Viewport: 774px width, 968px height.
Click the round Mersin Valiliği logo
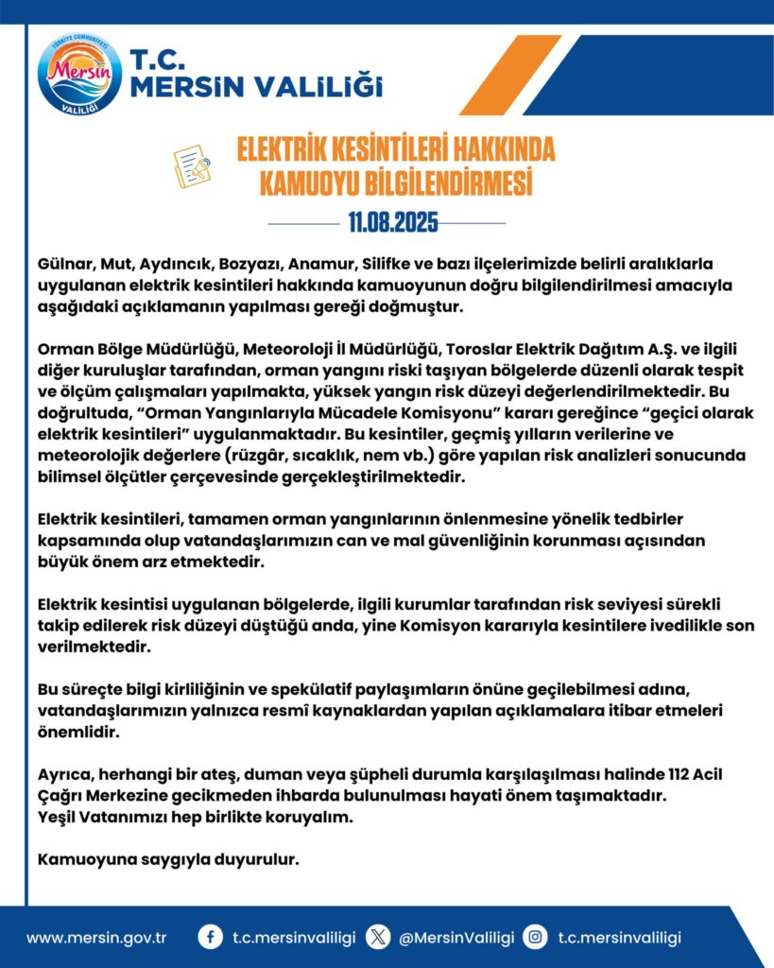pyautogui.click(x=79, y=74)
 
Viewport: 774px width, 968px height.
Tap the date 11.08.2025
pyautogui.click(x=392, y=223)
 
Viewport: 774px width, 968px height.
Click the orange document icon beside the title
pyautogui.click(x=192, y=164)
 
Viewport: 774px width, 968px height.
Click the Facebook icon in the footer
pyautogui.click(x=210, y=937)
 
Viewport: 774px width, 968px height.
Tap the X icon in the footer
pyautogui.click(x=378, y=937)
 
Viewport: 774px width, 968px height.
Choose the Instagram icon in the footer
pyautogui.click(x=536, y=937)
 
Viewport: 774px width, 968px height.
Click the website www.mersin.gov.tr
pyautogui.click(x=96, y=938)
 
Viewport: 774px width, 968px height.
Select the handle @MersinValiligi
pyautogui.click(x=456, y=938)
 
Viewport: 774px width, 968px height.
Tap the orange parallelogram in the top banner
pyautogui.click(x=510, y=74)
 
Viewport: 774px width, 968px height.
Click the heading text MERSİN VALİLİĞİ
pyautogui.click(x=256, y=88)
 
